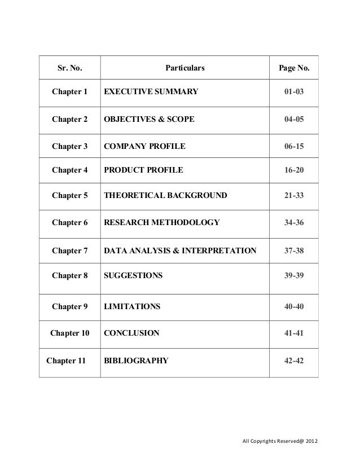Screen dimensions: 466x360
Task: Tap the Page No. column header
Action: point(294,70)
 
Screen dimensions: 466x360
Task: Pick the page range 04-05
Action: point(294,120)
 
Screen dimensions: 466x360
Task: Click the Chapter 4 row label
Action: point(70,171)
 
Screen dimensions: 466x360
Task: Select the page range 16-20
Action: point(294,171)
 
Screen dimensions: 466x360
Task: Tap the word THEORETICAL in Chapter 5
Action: point(131,196)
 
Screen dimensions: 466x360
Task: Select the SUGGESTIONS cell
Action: point(133,276)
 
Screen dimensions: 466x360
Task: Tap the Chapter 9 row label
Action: point(70,307)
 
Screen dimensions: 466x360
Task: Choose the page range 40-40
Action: point(294,307)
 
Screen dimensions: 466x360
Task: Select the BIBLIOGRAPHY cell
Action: point(136,361)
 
